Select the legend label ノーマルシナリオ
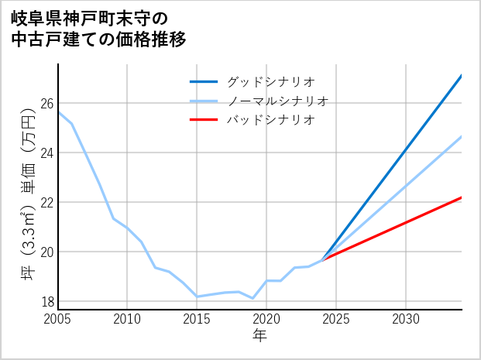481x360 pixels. tap(278, 101)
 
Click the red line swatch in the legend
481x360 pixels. tap(204, 120)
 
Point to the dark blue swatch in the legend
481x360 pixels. tap(204, 81)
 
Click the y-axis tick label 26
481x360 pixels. tap(46, 103)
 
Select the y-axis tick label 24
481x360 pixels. tap(46, 153)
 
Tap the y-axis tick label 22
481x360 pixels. tap(46, 202)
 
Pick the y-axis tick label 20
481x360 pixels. tap(46, 252)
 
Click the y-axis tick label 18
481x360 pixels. tap(46, 301)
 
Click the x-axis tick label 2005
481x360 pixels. tap(58, 319)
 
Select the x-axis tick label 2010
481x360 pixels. tap(127, 319)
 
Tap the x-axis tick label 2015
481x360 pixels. tap(197, 319)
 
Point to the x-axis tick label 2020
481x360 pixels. tap(266, 319)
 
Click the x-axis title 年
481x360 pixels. tap(259, 336)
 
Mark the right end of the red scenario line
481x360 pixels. tap(461, 197)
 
